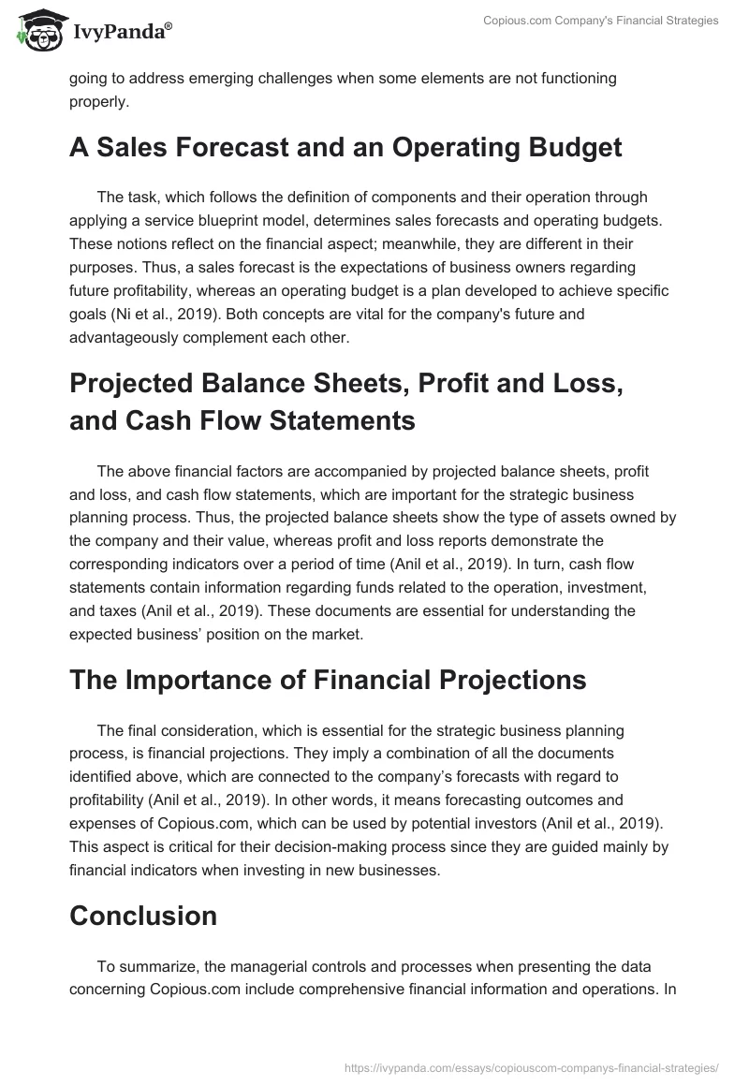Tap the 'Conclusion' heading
click(143, 915)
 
